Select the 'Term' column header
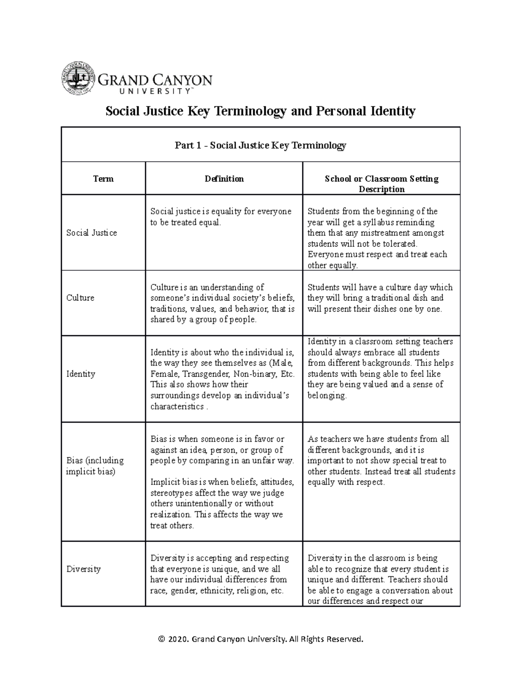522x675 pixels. pos(103,179)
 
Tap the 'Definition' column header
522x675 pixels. pos(224,179)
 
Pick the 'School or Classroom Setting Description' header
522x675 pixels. pos(381,184)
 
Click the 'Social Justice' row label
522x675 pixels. pos(91,233)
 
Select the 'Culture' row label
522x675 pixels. pos(80,298)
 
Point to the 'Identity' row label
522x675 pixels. pos(80,374)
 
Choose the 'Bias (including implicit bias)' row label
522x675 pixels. pos(95,466)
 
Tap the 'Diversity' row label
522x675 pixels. pos(83,569)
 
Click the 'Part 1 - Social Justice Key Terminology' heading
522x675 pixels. pos(260,145)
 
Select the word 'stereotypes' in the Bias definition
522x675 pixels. pos(171,493)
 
